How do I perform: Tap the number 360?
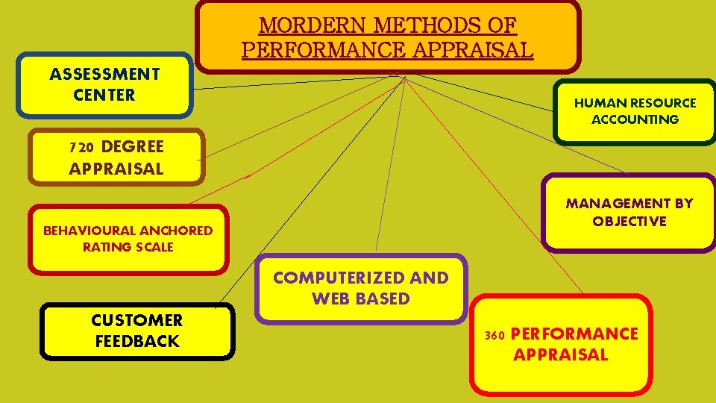point(494,335)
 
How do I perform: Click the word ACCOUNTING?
point(635,119)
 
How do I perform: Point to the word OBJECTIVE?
point(629,222)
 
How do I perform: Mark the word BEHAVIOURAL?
point(87,231)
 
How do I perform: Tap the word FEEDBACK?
point(137,341)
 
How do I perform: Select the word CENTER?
point(104,95)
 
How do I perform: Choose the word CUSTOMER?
point(137,320)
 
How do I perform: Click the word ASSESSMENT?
point(104,74)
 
